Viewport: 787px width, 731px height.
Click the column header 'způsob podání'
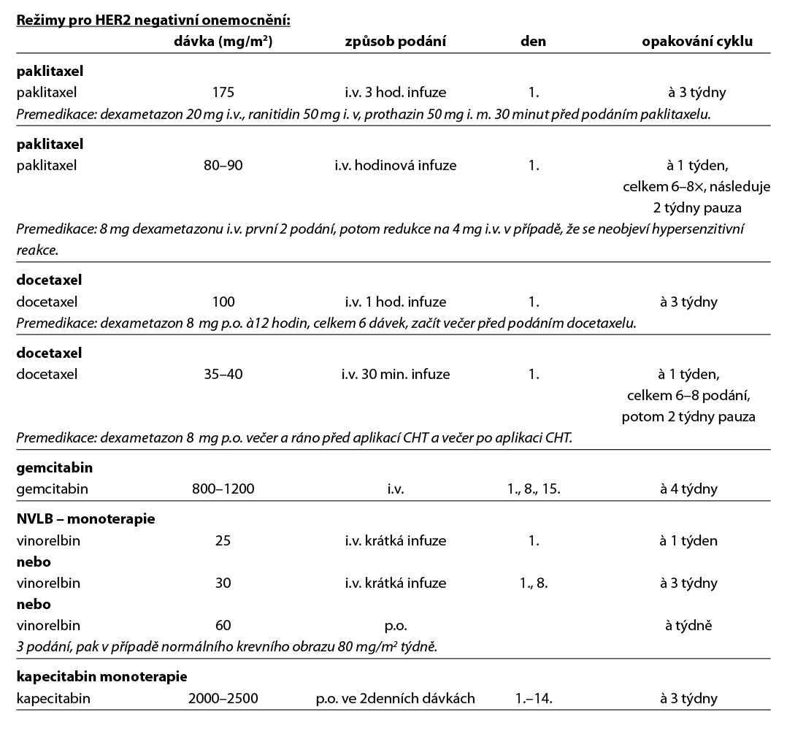click(395, 42)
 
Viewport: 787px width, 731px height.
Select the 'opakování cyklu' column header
click(696, 42)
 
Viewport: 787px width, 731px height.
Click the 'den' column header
click(533, 42)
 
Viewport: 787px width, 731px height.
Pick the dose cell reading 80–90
click(223, 165)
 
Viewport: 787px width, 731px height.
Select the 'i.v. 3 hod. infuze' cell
click(395, 93)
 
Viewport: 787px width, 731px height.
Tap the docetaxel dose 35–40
click(223, 374)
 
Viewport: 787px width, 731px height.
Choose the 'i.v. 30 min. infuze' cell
click(395, 374)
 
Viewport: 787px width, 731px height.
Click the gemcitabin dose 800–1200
click(223, 489)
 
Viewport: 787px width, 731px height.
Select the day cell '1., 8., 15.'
click(533, 489)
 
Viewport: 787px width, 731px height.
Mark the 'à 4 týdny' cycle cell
click(688, 489)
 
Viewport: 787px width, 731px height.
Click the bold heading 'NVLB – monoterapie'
click(85, 519)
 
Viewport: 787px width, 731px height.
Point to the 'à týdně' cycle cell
click(688, 625)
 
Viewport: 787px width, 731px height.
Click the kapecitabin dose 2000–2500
click(223, 698)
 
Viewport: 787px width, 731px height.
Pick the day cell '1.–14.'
click(533, 698)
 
